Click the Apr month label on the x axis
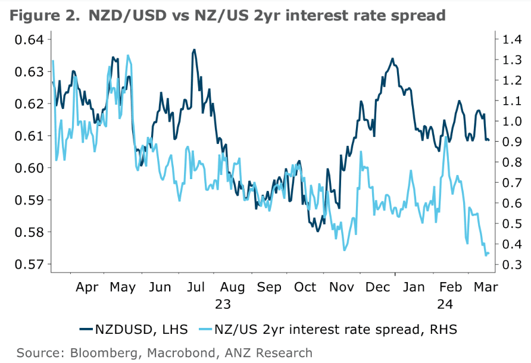tap(88, 287)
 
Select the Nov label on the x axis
tap(342, 287)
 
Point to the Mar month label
tap(486, 287)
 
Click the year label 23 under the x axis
tap(223, 303)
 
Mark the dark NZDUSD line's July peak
tap(194, 50)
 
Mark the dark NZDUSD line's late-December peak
tap(392, 58)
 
